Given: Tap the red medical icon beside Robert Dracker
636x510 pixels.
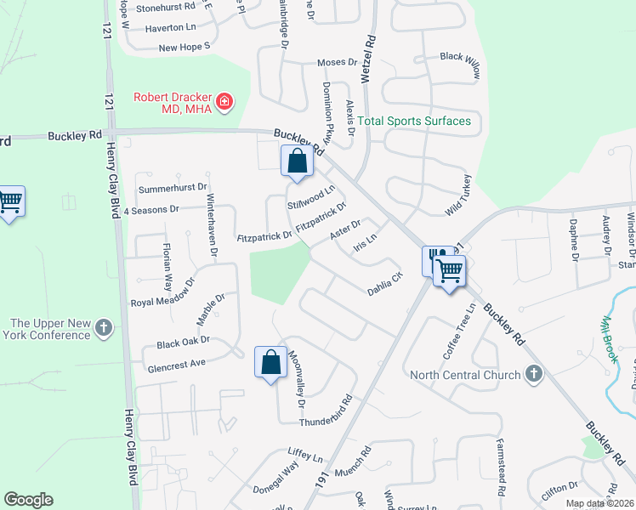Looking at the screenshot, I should [x=224, y=103].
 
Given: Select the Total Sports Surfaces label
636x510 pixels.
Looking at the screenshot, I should [x=414, y=121].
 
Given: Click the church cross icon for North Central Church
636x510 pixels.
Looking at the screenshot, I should [x=533, y=374].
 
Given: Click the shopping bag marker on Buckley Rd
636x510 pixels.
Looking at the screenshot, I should [x=297, y=161].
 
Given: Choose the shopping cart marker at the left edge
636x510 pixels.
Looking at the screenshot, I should [x=10, y=201].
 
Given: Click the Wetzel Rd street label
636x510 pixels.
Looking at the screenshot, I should [x=368, y=58].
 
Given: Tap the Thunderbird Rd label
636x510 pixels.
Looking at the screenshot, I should [x=325, y=411].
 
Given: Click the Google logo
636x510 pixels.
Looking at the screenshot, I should [x=28, y=500].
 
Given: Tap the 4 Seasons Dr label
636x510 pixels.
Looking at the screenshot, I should [x=151, y=209].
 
